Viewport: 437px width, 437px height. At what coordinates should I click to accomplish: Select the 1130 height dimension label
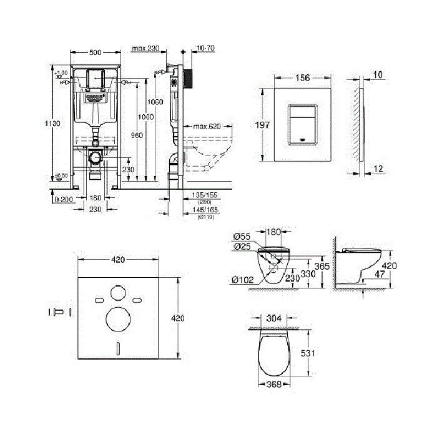(x=54, y=124)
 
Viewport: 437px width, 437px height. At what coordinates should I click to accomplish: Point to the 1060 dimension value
(x=156, y=102)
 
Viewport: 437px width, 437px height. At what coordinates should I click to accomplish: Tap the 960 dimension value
(x=137, y=135)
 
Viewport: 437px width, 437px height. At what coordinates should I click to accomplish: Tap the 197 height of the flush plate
(x=263, y=125)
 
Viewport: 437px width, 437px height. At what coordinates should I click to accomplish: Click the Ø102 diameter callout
(x=241, y=280)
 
